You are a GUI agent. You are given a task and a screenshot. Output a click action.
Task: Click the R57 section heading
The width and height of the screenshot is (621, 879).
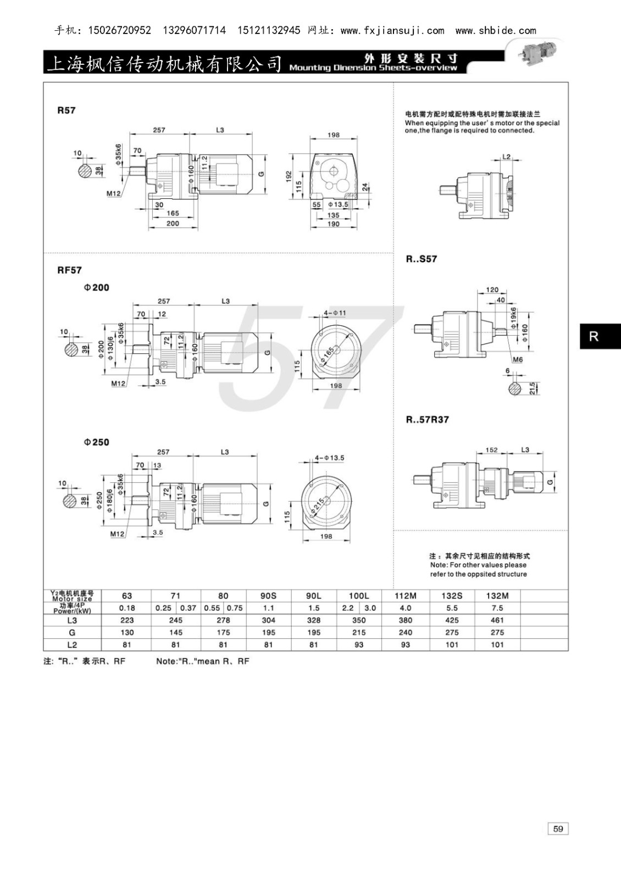click(66, 110)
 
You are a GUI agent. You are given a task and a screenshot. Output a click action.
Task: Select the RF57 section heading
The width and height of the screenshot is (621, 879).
click(69, 270)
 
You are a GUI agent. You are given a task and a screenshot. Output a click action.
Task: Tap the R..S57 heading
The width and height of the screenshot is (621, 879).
click(422, 259)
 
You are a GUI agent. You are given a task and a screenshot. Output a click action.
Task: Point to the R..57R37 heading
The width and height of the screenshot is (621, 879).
click(428, 420)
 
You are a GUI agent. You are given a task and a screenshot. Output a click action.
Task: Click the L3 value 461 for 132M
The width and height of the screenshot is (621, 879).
click(497, 620)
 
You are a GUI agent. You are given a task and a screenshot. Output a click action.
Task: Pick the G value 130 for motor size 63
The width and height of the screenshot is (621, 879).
click(127, 632)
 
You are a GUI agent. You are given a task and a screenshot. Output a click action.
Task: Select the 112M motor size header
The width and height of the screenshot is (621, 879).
click(406, 596)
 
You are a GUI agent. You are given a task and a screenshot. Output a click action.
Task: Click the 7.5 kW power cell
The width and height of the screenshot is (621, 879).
click(497, 608)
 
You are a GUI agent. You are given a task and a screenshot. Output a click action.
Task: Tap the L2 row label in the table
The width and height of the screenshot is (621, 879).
click(72, 644)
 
